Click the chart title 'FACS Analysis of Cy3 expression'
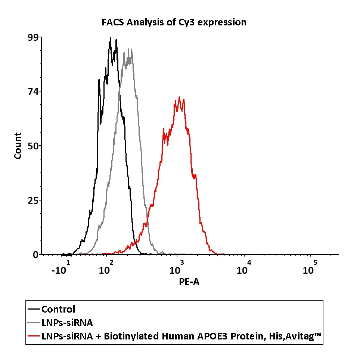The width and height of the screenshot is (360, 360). click(174, 22)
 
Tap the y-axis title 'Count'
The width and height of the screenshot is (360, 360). click(18, 146)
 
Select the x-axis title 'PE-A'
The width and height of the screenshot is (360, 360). click(189, 282)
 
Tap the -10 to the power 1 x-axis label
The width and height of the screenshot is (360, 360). click(60, 268)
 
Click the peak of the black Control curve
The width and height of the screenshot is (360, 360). click(110, 38)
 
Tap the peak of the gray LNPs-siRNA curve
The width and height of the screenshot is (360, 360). click(129, 49)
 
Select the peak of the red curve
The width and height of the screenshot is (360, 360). click(180, 97)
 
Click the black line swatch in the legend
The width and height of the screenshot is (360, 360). click(34, 310)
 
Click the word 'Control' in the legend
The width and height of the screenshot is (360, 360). click(58, 310)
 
